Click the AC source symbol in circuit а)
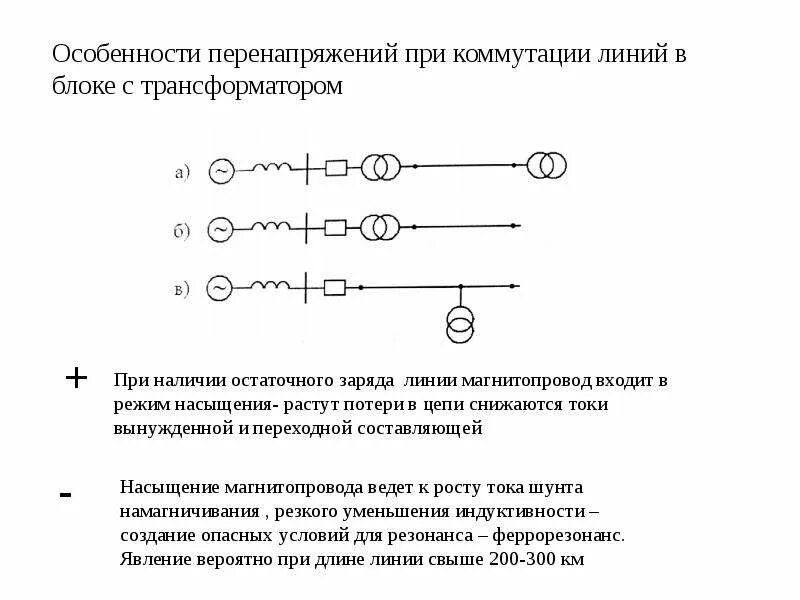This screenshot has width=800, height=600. pos(220,172)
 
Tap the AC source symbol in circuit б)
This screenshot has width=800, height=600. pos(220,230)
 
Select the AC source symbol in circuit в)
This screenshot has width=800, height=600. pos(220,290)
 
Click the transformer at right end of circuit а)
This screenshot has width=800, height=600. pos(545,166)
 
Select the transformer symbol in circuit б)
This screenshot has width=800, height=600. pos(378,227)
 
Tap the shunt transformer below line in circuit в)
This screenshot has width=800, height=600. pos(460,323)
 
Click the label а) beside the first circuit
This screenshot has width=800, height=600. pos(182,173)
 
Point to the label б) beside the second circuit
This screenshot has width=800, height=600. pos(182,232)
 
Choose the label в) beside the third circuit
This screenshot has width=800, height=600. pos(182,291)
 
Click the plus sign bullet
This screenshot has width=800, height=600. pos(76,378)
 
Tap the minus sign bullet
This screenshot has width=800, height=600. pos(66,495)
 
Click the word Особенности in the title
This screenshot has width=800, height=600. pos(124,54)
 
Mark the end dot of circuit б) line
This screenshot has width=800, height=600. pos(515,228)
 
